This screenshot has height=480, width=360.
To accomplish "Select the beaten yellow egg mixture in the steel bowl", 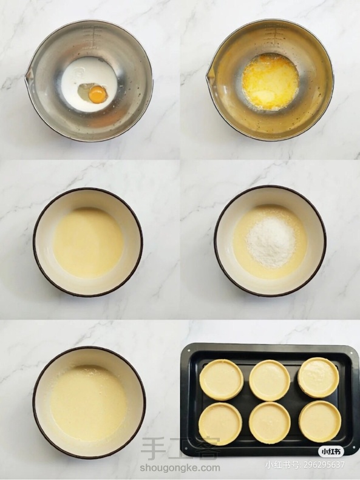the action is point(270,81).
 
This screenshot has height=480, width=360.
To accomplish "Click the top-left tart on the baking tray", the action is point(222,380).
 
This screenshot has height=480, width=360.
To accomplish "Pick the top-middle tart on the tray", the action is point(270,380).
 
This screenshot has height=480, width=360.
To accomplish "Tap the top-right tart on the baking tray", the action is point(318,377).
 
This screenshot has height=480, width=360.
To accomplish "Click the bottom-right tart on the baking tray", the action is point(319,421).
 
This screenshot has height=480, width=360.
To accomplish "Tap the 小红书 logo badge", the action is point(331,451).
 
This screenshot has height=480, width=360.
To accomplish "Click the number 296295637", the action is point(324,465).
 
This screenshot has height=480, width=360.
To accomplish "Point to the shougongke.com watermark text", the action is point(180,467).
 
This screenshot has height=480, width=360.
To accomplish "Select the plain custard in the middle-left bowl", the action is point(88,243).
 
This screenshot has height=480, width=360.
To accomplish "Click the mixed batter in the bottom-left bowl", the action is point(88,404).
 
